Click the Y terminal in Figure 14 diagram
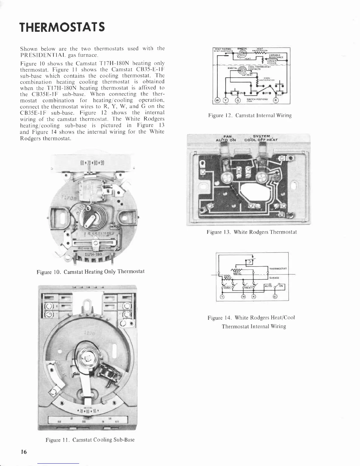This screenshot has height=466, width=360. point(222,296)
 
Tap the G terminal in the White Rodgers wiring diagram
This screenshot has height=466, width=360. point(275,296)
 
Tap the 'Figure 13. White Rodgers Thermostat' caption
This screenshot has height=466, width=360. point(251,232)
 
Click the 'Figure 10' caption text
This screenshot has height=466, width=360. point(90,271)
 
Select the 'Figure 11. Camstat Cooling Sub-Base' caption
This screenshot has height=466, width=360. point(90,440)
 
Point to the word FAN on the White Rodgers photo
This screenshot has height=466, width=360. point(228,136)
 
